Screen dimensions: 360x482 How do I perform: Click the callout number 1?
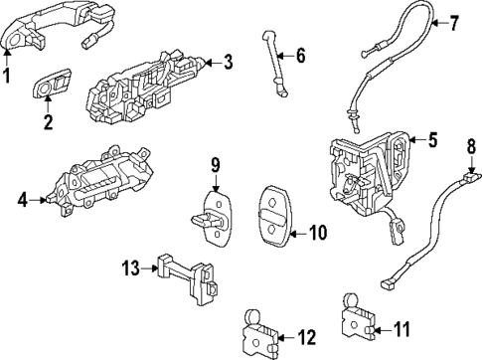pyautogui.click(x=8, y=74)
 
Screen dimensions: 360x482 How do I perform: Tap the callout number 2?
pyautogui.click(x=47, y=122)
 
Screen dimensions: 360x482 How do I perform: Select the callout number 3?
pyautogui.click(x=228, y=64)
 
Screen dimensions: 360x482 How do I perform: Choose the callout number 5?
pyautogui.click(x=433, y=140)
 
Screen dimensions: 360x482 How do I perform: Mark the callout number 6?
pyautogui.click(x=301, y=56)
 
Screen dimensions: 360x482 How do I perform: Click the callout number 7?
pyautogui.click(x=455, y=21)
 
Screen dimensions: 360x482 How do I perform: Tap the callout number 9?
pyautogui.click(x=215, y=164)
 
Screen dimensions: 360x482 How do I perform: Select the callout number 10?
pyautogui.click(x=317, y=233)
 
